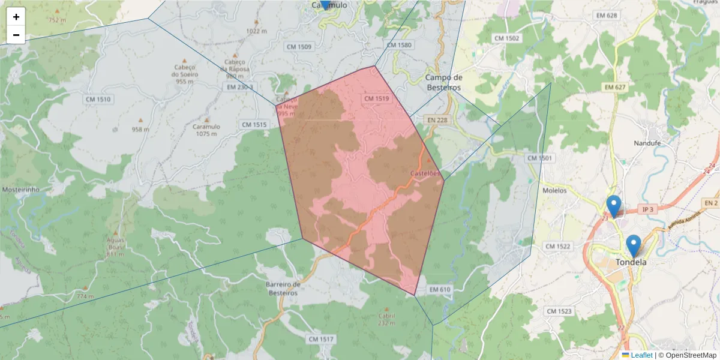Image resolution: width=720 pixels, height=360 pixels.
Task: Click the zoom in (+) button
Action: click(16, 17)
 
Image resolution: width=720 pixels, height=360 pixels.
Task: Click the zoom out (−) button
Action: click(16, 35)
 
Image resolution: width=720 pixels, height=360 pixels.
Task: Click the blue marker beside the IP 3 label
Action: click(613, 205)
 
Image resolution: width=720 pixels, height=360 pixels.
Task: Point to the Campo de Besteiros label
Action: click(443, 82)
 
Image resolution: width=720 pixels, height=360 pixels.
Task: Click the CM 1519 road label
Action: click(377, 98)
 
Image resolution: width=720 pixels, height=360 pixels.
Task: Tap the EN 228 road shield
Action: click(437, 120)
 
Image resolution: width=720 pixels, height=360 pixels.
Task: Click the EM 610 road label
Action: click(440, 290)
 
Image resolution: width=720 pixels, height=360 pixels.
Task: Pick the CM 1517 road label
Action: click(320, 339)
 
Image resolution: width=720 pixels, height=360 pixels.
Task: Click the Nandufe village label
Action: click(647, 143)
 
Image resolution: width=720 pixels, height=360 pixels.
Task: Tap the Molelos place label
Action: click(554, 190)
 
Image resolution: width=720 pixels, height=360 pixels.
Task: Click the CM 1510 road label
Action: click(98, 99)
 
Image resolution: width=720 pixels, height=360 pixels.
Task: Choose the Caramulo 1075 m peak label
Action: click(206, 130)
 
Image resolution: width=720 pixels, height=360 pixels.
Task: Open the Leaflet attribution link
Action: click(641, 355)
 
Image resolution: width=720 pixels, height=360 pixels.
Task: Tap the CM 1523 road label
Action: click(559, 311)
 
